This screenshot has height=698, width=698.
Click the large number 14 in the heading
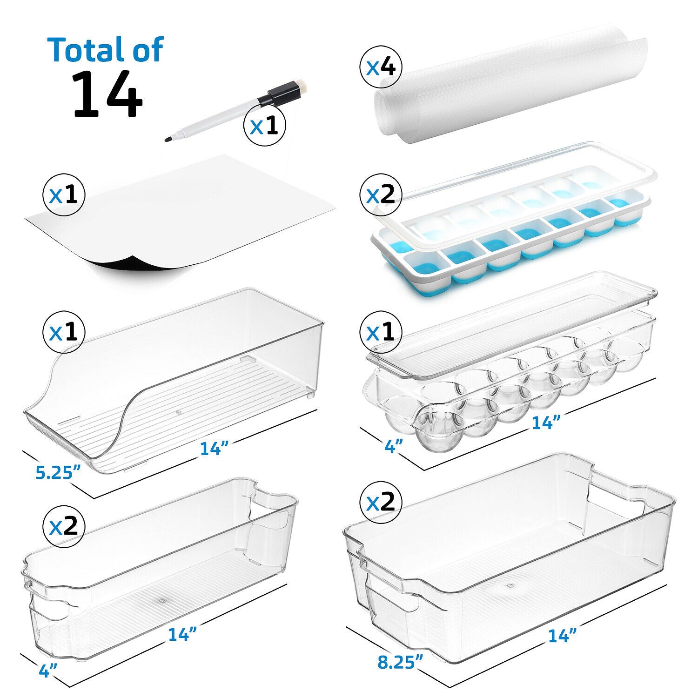[x=107, y=94]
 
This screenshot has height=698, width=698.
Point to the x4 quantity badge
[x=381, y=68]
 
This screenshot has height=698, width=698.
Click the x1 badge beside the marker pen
[x=264, y=126]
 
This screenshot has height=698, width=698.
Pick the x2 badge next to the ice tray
[x=381, y=195]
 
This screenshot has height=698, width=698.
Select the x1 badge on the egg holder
[x=381, y=332]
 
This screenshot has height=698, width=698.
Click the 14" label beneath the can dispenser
[x=214, y=448]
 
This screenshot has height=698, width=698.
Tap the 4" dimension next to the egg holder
[x=394, y=446]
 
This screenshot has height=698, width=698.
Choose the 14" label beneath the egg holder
[x=546, y=423]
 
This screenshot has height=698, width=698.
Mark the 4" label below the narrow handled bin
[x=48, y=671]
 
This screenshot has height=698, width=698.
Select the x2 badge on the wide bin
[x=381, y=503]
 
